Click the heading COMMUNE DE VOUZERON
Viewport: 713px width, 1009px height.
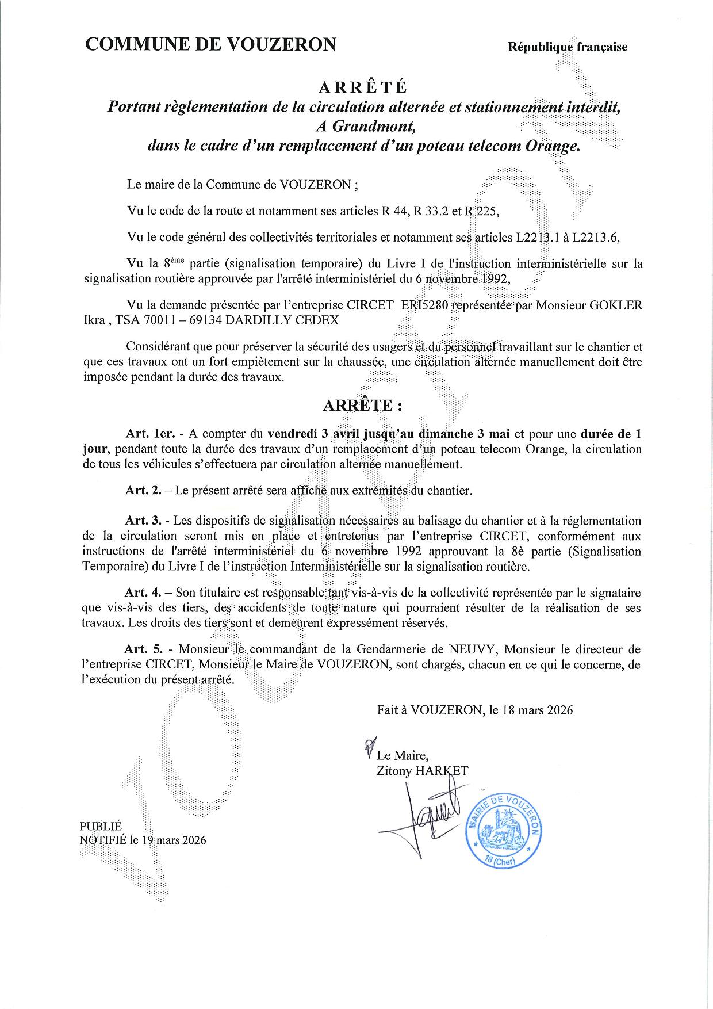[210, 44]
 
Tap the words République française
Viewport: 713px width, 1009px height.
[568, 47]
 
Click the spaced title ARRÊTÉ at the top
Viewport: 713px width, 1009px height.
[363, 87]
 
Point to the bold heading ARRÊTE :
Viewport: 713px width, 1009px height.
[362, 405]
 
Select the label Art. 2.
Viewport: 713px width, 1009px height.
[143, 491]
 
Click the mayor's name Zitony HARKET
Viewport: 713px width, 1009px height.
[422, 771]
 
